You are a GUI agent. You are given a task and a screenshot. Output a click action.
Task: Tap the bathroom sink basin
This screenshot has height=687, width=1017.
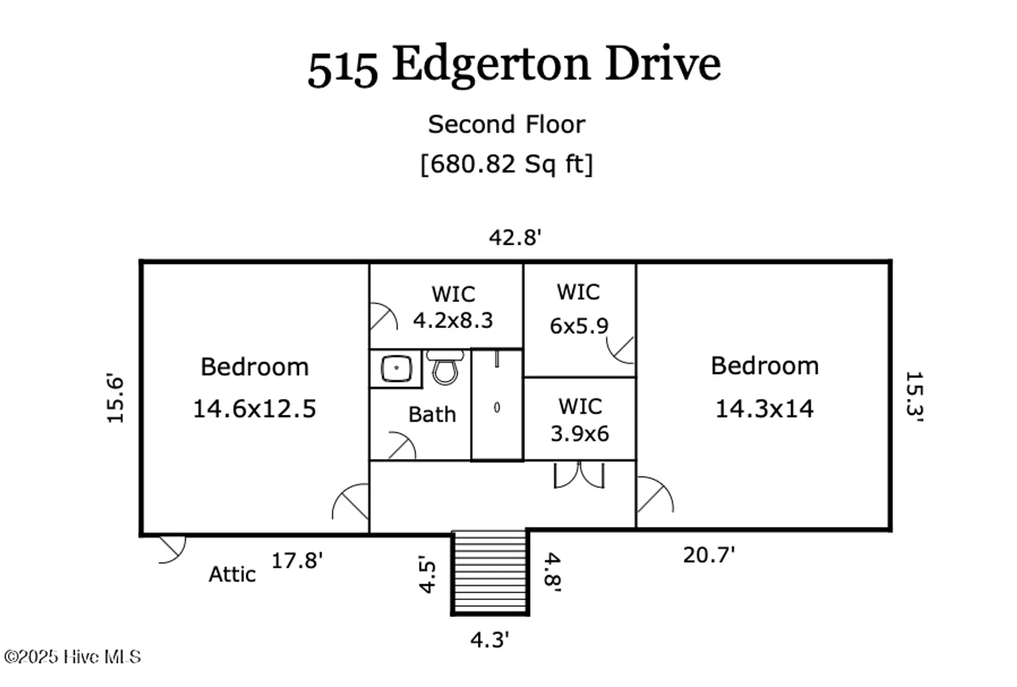click(396, 368)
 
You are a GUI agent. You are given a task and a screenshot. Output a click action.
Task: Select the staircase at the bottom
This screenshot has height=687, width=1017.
click(490, 572)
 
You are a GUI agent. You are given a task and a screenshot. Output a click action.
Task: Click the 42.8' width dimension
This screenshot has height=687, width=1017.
click(515, 238)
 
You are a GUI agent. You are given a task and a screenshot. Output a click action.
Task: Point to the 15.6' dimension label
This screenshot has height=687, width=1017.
click(115, 398)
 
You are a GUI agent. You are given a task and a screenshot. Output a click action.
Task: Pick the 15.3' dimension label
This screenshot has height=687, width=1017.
click(914, 396)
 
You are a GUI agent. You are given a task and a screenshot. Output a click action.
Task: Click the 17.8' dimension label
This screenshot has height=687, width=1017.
click(297, 561)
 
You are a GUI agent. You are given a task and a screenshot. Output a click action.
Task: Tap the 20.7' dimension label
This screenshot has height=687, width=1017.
click(709, 555)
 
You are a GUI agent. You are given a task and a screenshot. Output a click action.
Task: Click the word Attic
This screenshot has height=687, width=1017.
click(232, 575)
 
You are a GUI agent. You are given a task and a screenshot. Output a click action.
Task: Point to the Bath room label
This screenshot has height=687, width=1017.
click(432, 415)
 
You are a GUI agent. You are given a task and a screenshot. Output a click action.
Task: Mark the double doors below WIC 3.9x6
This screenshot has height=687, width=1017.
click(579, 475)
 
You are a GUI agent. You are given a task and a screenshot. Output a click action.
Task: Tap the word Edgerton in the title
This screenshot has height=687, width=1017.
click(491, 65)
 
